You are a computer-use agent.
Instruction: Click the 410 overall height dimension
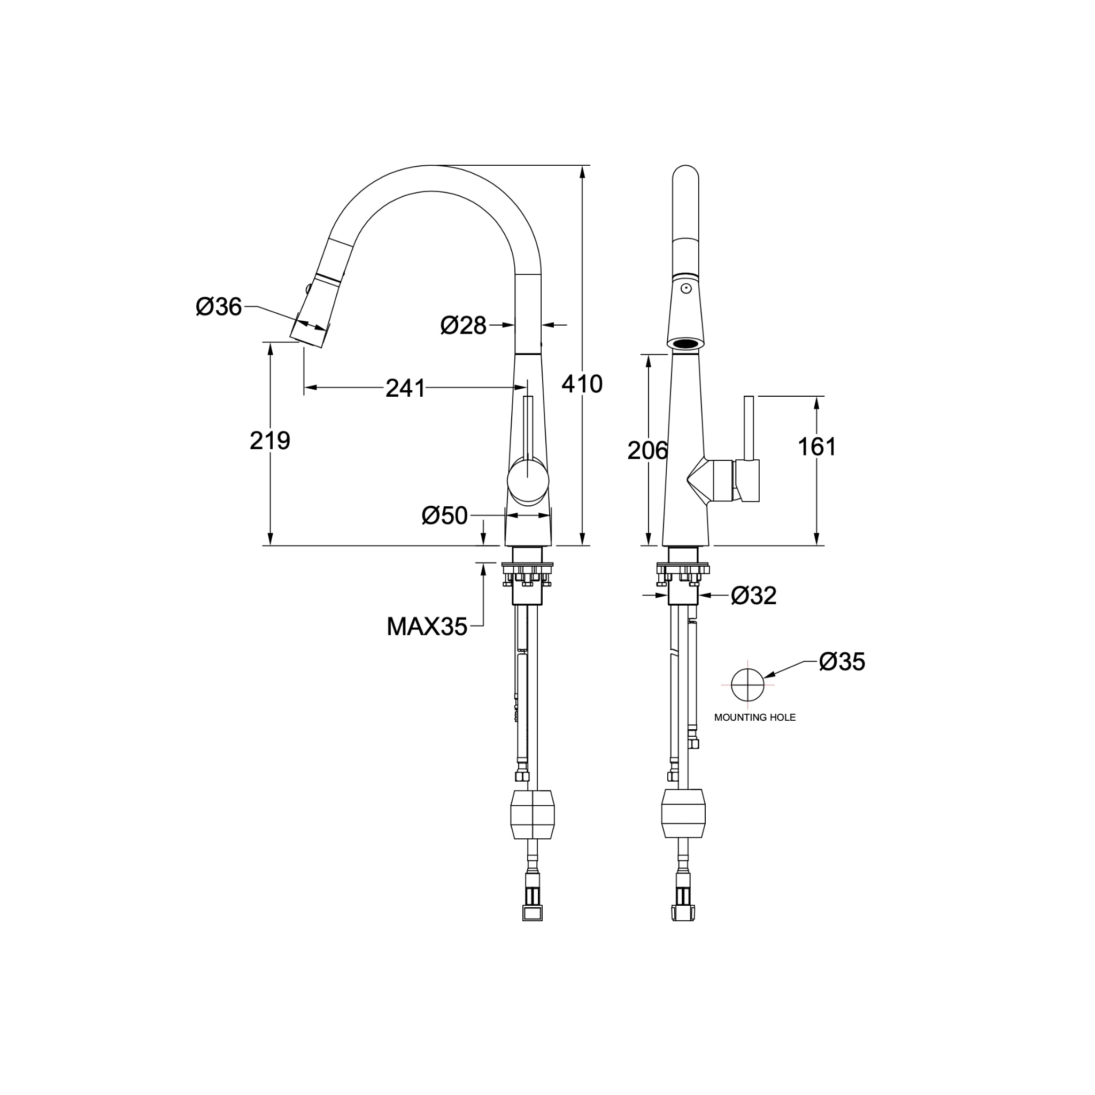click(582, 384)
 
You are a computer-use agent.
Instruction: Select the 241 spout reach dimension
click(405, 388)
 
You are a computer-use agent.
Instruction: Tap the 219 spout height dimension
click(270, 441)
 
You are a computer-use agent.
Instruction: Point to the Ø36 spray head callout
click(219, 306)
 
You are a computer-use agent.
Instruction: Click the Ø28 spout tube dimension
click(463, 325)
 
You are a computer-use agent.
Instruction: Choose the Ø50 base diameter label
click(444, 516)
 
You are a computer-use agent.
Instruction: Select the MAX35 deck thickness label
click(427, 626)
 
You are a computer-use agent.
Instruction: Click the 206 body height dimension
click(647, 451)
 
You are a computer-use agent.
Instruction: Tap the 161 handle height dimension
click(817, 446)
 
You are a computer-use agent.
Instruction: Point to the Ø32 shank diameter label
click(753, 595)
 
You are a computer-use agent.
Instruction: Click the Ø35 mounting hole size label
click(842, 661)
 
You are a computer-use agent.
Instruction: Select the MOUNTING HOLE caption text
click(754, 718)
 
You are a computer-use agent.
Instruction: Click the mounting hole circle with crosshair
click(747, 685)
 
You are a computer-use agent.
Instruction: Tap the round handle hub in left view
click(528, 482)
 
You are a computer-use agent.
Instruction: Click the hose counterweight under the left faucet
click(532, 815)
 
